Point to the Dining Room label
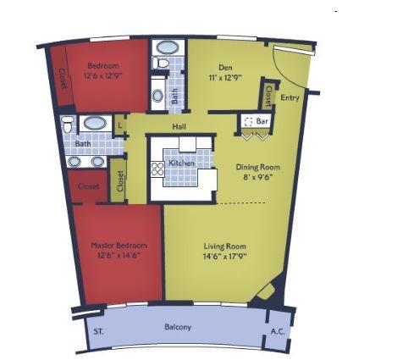[x=257, y=167]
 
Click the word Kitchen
[x=182, y=163]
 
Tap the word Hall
[x=179, y=126]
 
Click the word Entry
[x=290, y=98]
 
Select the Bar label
[x=262, y=121]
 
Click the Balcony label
[x=178, y=327]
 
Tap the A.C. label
[x=277, y=330]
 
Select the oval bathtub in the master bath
[x=95, y=123]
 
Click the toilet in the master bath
[x=68, y=127]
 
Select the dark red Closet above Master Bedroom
[x=88, y=186]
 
